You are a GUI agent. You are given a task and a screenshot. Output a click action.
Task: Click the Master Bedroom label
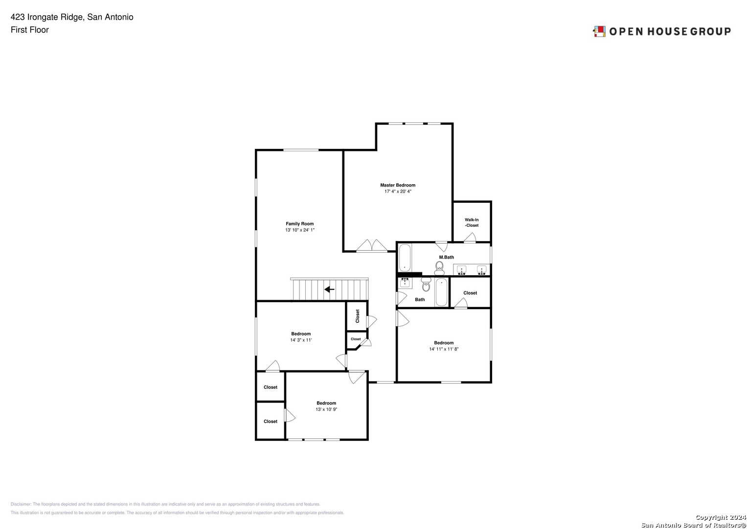tap(398, 185)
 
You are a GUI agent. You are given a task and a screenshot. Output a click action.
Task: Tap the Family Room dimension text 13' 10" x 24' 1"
tap(300, 230)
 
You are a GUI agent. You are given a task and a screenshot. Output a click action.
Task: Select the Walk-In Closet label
tap(472, 222)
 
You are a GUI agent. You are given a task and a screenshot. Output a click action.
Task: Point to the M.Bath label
tap(446, 257)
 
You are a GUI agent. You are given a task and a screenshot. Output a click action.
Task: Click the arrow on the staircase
tap(330, 289)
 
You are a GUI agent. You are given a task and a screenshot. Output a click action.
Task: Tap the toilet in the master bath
tap(439, 266)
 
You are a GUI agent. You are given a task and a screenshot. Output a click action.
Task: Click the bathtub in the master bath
tap(405, 258)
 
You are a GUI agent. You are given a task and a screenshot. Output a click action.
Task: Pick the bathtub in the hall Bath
tap(441, 292)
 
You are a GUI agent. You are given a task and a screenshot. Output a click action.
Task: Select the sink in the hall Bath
tap(405, 283)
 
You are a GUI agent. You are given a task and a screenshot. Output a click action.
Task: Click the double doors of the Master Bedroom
tap(372, 245)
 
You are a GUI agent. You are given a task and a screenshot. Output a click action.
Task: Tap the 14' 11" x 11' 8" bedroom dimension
tap(444, 349)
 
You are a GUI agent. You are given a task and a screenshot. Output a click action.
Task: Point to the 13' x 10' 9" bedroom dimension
tap(326, 409)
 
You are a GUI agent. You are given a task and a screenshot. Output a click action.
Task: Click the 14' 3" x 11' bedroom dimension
tap(301, 340)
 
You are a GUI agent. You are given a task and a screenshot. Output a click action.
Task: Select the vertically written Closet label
tap(357, 316)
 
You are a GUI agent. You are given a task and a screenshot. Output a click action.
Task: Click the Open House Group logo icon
tap(599, 31)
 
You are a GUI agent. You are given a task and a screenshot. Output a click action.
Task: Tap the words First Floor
tap(30, 30)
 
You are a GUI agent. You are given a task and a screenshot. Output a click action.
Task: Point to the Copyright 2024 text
tap(721, 517)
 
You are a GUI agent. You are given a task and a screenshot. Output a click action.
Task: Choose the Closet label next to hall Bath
tap(470, 293)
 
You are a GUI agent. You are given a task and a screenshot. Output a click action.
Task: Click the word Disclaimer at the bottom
tap(21, 504)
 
